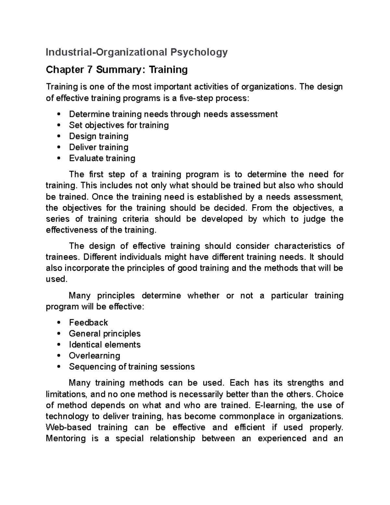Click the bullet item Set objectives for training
coord(119,125)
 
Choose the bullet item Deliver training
coord(98,147)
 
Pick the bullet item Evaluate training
coord(102,158)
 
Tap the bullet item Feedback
coord(88,323)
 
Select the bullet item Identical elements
coord(105,345)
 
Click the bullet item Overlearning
coord(94,356)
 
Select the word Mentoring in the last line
coord(66,439)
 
